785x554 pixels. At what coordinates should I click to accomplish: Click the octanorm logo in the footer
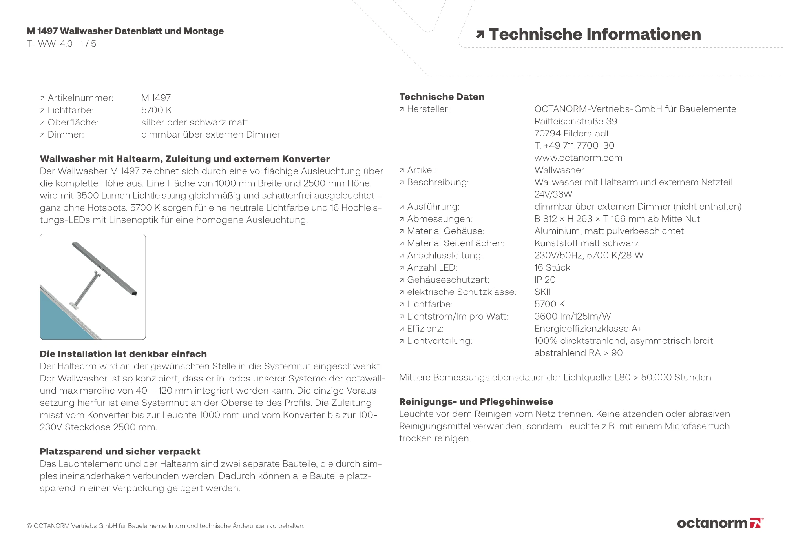720,523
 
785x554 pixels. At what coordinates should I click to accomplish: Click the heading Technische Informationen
595,35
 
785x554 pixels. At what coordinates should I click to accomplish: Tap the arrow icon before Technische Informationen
480,35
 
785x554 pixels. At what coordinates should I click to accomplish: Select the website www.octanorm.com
578,158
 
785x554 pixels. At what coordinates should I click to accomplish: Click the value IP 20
545,280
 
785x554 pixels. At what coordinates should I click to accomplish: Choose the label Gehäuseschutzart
448,280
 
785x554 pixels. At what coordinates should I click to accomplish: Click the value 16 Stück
552,268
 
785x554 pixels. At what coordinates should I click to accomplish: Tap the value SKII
542,292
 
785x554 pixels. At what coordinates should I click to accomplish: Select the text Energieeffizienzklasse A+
588,329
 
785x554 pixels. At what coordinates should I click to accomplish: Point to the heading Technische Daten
442,97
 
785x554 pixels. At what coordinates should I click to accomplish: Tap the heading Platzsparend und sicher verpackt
120,452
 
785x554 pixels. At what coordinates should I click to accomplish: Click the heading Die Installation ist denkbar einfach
123,354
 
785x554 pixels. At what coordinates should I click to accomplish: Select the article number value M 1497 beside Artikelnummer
156,98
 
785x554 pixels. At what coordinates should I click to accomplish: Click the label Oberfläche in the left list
73,122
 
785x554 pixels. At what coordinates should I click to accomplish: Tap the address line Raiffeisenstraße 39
575,122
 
